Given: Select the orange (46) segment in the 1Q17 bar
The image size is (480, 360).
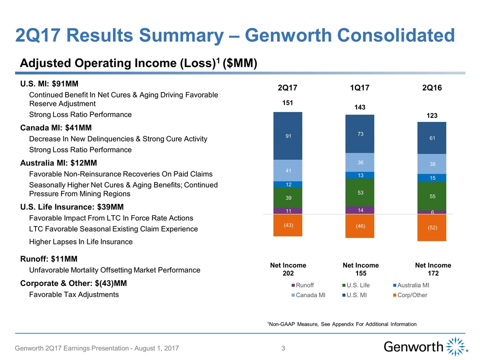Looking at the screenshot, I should point(360,226).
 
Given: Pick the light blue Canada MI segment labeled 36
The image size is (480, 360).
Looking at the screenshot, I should point(360,162).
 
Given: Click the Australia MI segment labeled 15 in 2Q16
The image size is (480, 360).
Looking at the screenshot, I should point(432,177).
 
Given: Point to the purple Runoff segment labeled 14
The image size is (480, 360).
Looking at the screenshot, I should point(360,210).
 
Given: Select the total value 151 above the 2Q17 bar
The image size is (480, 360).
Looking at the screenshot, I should point(288,103).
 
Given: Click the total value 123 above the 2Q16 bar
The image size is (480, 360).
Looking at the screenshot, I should point(432,115).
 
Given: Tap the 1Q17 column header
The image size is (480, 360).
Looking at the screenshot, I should point(360,88).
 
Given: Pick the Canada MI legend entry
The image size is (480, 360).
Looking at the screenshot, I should point(310,295).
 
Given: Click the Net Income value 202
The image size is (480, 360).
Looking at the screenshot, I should point(288,274).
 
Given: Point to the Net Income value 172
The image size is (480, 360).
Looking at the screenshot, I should point(433,274).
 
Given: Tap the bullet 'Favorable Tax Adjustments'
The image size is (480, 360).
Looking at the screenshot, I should point(74,294).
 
